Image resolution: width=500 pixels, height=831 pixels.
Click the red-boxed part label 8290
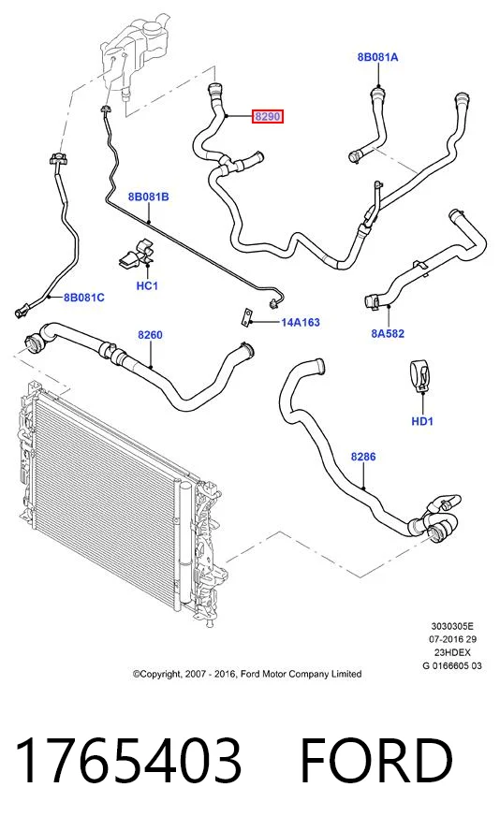267,116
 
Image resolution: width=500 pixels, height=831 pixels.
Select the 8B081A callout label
377,57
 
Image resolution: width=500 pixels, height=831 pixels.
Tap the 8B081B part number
149,197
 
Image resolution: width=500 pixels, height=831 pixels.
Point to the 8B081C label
83,298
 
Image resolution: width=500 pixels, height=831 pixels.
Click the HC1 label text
147,286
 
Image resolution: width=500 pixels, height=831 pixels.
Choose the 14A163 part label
301,322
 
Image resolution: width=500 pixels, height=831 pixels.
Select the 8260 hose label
150,335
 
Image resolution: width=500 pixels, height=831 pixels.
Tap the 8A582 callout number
388,333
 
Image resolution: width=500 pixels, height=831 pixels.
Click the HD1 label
422,421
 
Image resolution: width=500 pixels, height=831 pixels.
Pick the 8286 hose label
363,457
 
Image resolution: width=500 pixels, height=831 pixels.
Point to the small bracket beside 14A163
246,316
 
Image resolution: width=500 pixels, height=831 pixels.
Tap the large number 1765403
129,761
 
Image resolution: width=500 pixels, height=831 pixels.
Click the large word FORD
375,761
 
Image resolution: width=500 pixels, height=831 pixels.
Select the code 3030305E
452,626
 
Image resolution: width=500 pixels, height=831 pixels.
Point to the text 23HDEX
452,652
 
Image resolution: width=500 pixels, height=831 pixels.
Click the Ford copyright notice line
247,674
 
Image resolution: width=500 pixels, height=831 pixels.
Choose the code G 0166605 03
452,665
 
